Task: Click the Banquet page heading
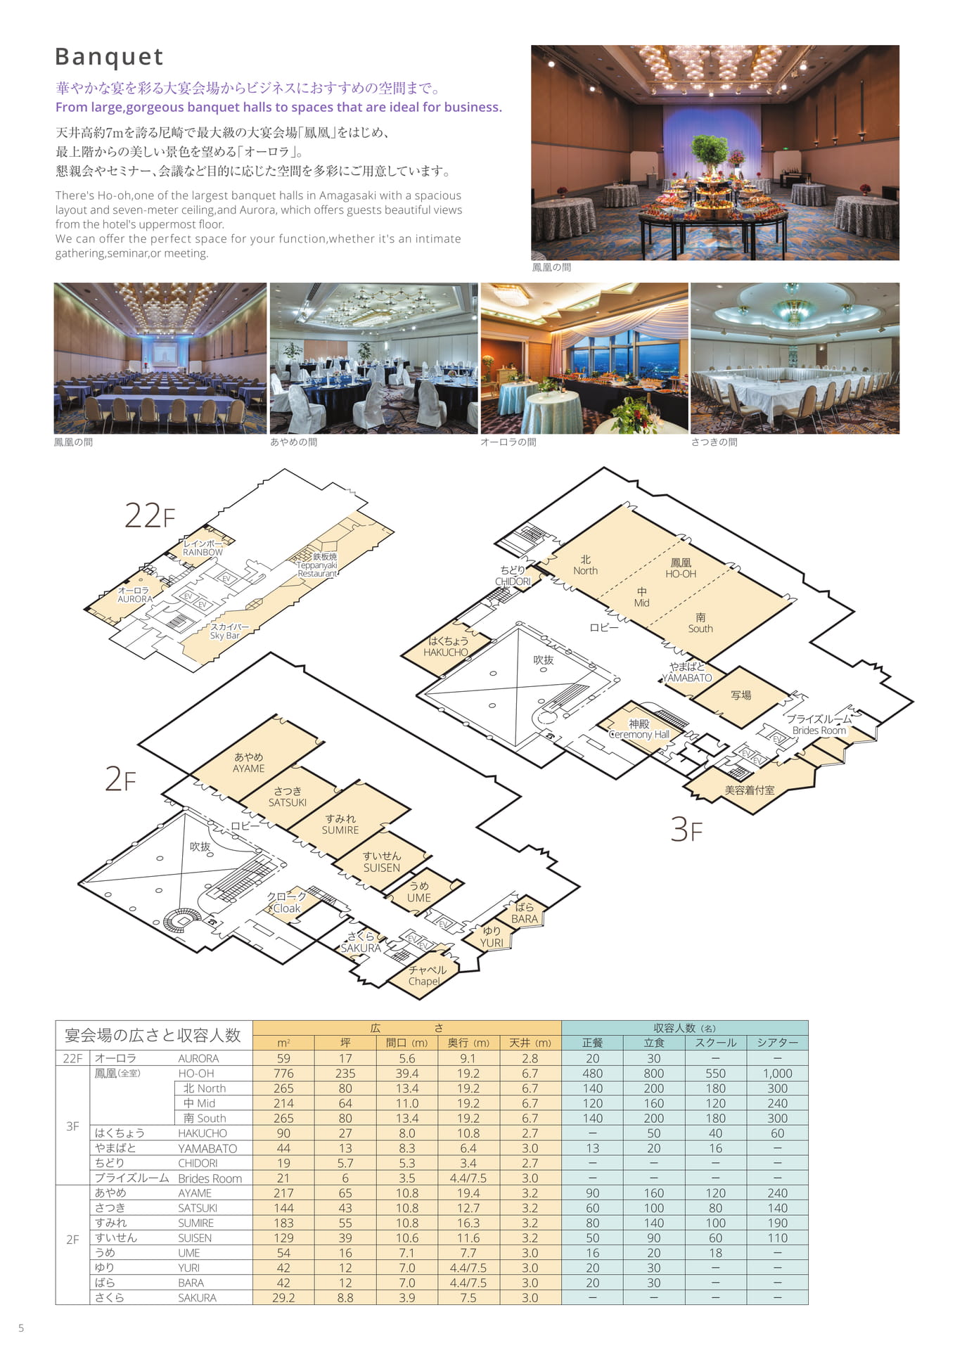tap(109, 56)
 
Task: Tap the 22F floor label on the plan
tap(150, 515)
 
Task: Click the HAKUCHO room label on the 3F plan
tap(446, 647)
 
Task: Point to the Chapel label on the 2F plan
tap(425, 976)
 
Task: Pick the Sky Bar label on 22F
tap(228, 631)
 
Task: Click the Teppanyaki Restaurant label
tap(317, 565)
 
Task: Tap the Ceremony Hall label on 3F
tap(639, 729)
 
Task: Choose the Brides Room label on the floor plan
tap(819, 725)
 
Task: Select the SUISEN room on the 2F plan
tap(382, 862)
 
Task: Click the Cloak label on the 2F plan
tap(286, 903)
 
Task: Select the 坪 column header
tap(345, 1043)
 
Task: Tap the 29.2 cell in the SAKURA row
tap(283, 1297)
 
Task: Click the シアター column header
tap(777, 1043)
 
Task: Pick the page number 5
tap(21, 1328)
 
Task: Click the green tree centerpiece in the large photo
tap(709, 151)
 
